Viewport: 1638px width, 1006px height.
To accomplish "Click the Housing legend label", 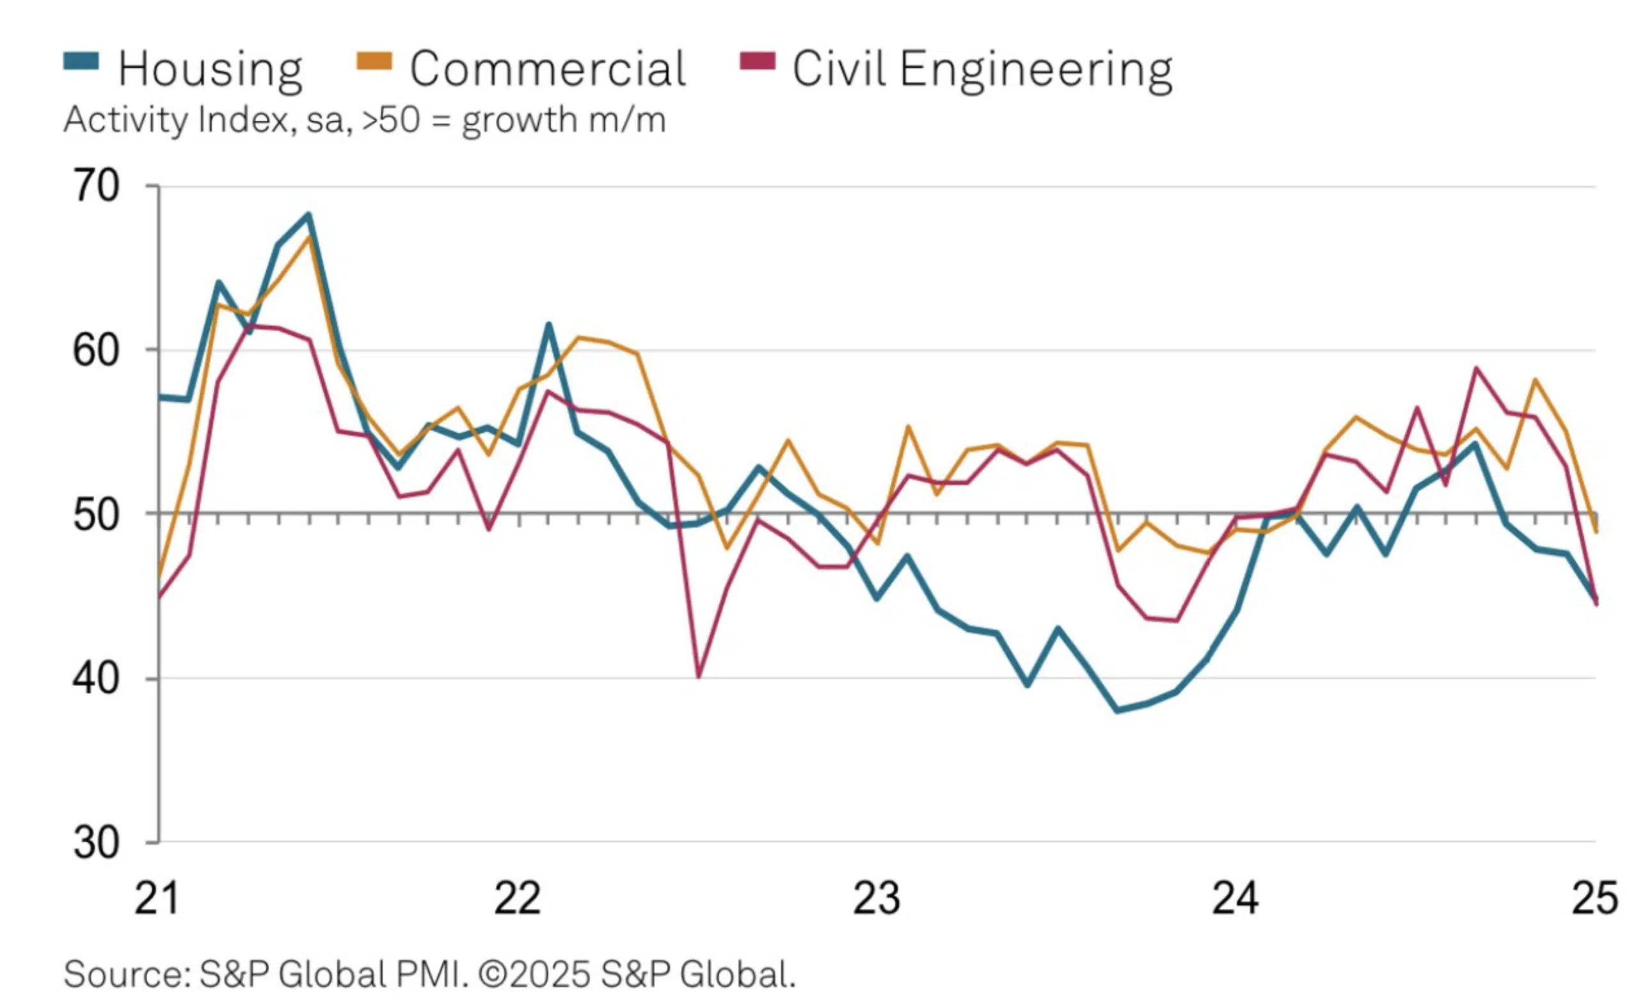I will pyautogui.click(x=210, y=68).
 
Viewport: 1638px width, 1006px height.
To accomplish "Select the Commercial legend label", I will pyautogui.click(x=547, y=68).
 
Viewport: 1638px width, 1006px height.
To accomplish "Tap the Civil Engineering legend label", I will pyautogui.click(x=982, y=68).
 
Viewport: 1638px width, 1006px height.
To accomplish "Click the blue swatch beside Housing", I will pyautogui.click(x=81, y=62).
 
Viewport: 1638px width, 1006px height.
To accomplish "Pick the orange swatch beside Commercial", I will pyautogui.click(x=374, y=62).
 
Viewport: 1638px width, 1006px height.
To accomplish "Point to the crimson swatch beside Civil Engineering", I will pyautogui.click(x=758, y=62).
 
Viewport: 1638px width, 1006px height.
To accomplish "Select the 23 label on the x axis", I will pyautogui.click(x=876, y=898).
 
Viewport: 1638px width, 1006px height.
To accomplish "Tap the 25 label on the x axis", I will pyautogui.click(x=1594, y=898).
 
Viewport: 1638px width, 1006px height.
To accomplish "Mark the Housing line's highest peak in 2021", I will pyautogui.click(x=308, y=214).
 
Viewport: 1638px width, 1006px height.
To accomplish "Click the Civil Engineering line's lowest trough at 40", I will pyautogui.click(x=698, y=677).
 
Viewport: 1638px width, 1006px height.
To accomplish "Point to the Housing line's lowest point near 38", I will pyautogui.click(x=1118, y=711).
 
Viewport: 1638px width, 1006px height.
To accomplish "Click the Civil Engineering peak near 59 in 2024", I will pyautogui.click(x=1476, y=368).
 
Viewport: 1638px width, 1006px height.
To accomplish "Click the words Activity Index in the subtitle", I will pyautogui.click(x=180, y=120).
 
